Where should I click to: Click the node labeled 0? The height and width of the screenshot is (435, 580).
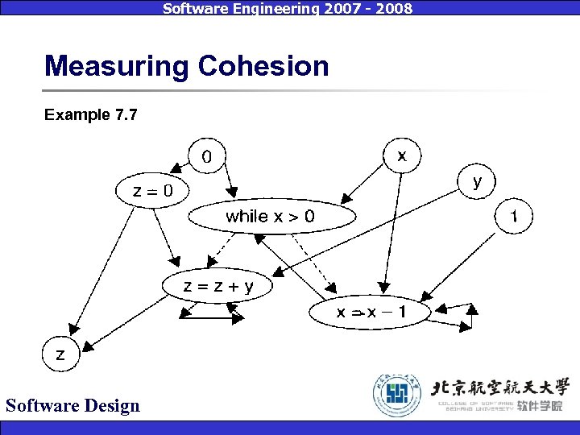[x=208, y=156]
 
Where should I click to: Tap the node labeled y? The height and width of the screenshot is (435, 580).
[x=478, y=182]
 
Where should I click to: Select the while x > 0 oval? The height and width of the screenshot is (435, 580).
[x=271, y=216]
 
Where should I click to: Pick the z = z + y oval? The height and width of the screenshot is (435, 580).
[x=217, y=285]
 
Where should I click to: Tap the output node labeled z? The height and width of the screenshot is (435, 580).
[x=61, y=354]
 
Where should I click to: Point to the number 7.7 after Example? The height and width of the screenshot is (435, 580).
[x=125, y=115]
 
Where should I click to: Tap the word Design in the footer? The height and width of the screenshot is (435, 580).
[x=109, y=405]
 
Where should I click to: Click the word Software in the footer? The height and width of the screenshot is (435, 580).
[x=40, y=405]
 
